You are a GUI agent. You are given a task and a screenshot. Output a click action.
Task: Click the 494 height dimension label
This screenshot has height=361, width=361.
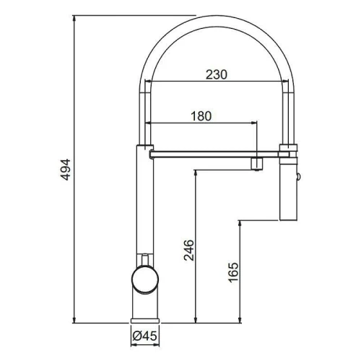(x=65, y=170)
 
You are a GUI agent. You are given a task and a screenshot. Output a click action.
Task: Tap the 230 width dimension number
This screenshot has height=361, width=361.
(x=217, y=74)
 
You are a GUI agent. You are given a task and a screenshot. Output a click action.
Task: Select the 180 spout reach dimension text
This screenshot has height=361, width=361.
(x=201, y=116)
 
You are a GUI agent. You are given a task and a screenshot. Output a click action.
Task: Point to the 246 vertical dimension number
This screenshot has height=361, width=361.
(x=188, y=250)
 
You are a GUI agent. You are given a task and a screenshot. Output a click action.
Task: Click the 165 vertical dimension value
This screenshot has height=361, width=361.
(x=233, y=272)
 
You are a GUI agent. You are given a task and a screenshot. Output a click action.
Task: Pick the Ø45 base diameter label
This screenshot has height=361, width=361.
(x=144, y=336)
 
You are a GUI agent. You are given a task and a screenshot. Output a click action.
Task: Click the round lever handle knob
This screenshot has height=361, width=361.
(x=145, y=279)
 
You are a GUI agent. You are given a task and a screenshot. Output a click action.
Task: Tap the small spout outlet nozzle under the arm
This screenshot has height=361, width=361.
(x=257, y=164)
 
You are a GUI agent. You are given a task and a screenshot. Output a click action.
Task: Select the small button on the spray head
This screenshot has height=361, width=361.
(x=299, y=177)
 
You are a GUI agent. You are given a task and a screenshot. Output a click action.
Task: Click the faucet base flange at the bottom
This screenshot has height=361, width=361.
(x=145, y=321)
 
